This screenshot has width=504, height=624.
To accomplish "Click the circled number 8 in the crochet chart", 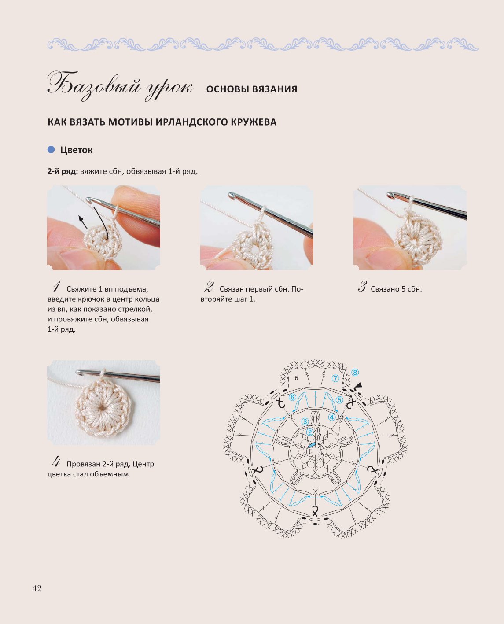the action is click(355, 373).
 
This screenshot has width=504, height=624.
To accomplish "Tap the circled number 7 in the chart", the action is click(335, 379).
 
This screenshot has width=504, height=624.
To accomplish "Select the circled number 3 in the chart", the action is click(305, 421).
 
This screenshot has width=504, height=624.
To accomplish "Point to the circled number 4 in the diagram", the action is click(332, 417).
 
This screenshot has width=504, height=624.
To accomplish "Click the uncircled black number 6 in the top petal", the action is click(296, 378).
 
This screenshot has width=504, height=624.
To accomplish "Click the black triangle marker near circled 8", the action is click(359, 385).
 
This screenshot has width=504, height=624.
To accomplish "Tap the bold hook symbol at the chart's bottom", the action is click(315, 511).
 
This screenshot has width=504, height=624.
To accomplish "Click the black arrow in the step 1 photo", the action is click(83, 222).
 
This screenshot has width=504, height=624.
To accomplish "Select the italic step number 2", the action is click(209, 287).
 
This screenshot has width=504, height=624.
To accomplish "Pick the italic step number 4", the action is click(56, 462).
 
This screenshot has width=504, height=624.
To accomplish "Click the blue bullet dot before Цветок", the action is click(51, 150).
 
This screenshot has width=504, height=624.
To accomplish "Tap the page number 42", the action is click(37, 588).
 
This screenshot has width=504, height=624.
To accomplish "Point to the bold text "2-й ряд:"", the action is click(63, 171).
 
